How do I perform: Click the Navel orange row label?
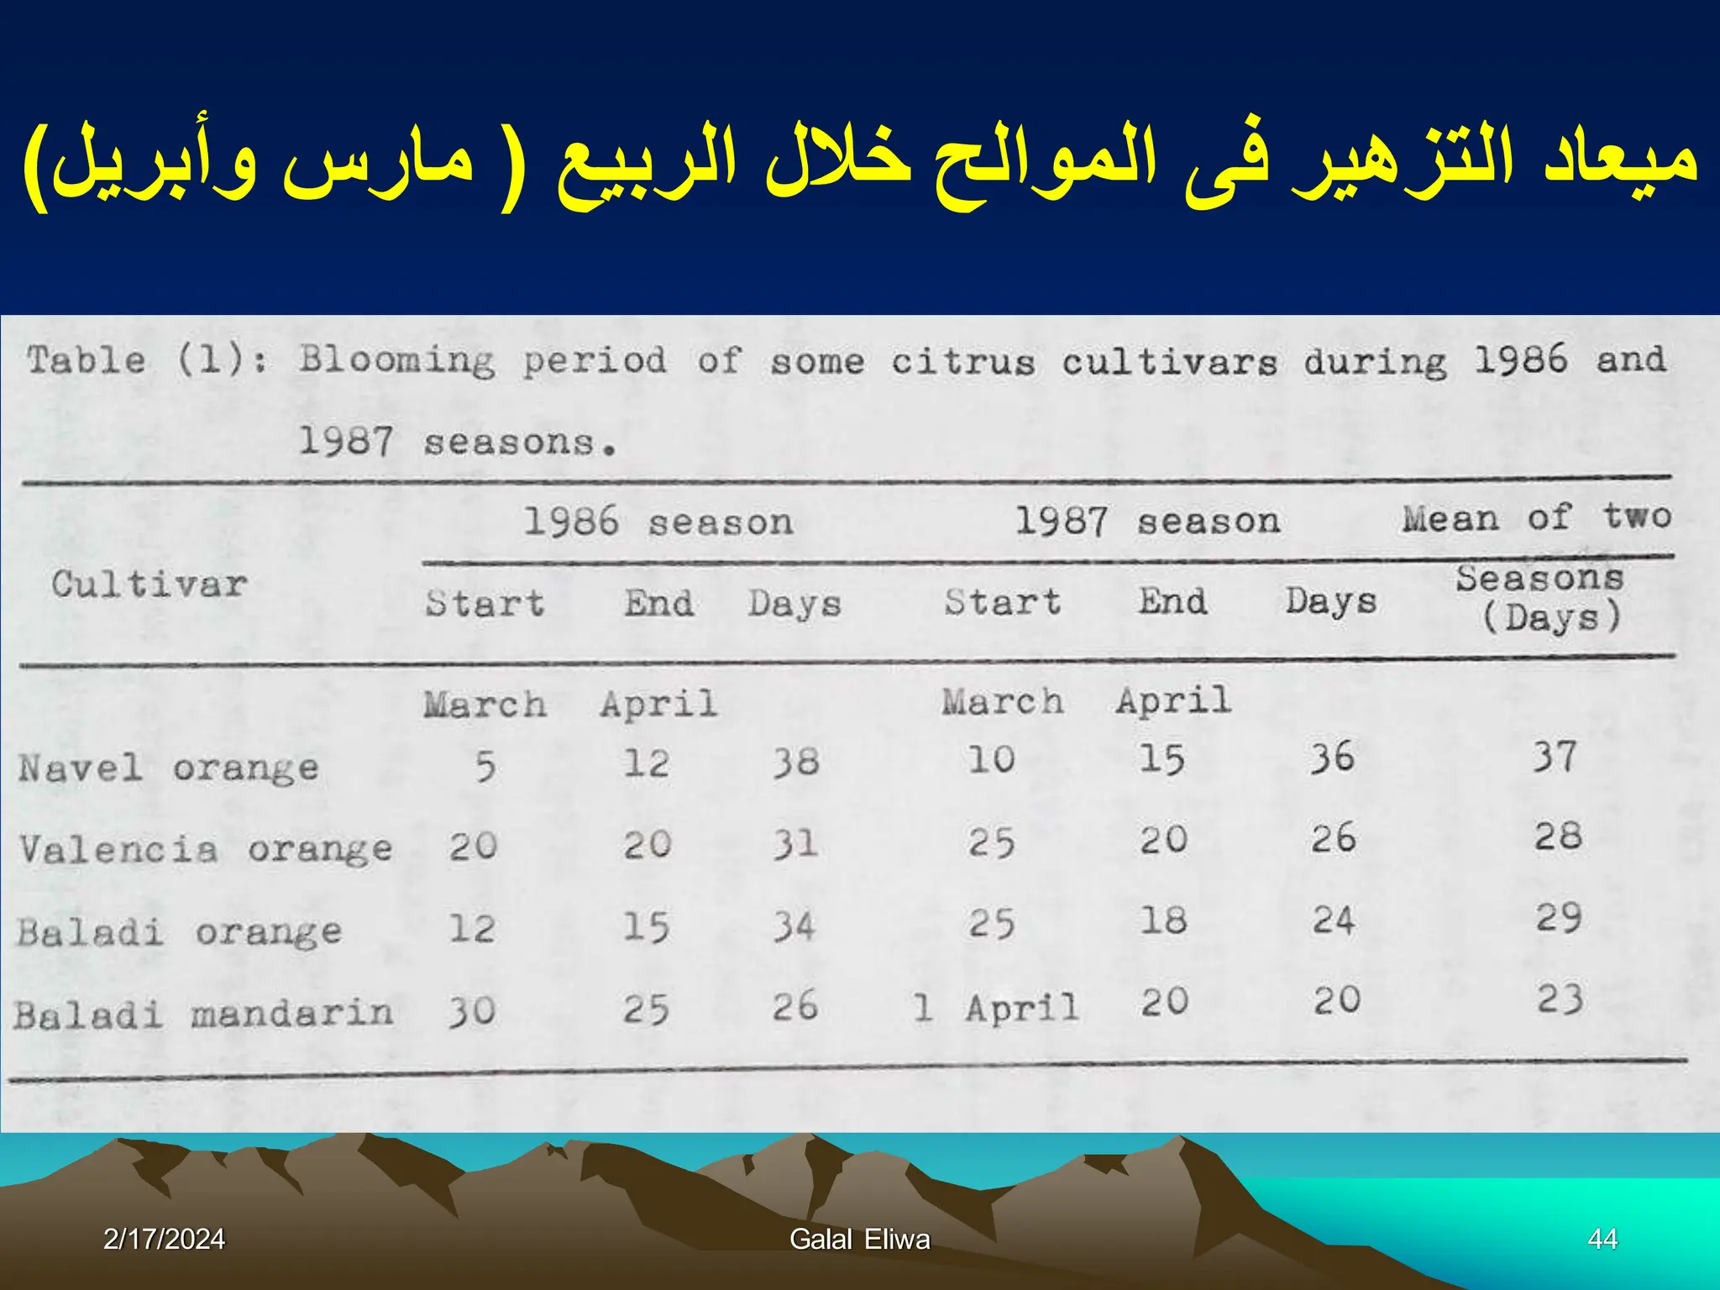(169, 768)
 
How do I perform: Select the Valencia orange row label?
(206, 848)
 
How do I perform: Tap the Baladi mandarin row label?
(203, 1014)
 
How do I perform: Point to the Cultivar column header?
(149, 584)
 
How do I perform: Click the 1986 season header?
(658, 522)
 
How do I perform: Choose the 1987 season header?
(1147, 521)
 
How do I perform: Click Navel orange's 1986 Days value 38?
(795, 762)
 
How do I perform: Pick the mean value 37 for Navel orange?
(1555, 757)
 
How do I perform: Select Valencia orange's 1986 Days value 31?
(795, 843)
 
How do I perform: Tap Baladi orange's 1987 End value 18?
(1163, 920)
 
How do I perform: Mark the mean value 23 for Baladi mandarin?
(1560, 999)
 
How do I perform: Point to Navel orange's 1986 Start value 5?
(485, 766)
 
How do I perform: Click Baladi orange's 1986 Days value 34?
(794, 926)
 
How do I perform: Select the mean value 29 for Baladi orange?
(1559, 917)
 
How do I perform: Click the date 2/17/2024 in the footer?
(164, 1239)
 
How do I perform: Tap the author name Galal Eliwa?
(860, 1239)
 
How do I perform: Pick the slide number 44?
(1602, 1239)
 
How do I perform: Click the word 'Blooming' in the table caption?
(397, 360)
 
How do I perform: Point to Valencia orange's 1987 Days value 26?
(1334, 838)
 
